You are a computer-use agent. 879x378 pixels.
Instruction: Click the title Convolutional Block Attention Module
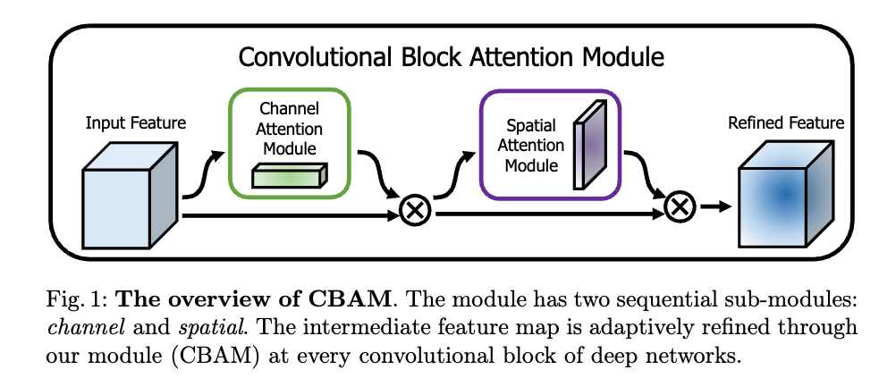pos(451,58)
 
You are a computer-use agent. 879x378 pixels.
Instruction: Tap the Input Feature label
pos(136,122)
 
